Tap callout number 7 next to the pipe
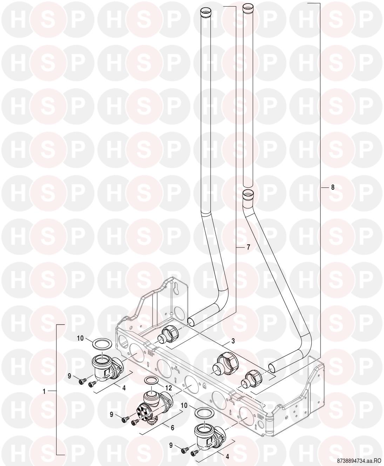248,247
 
